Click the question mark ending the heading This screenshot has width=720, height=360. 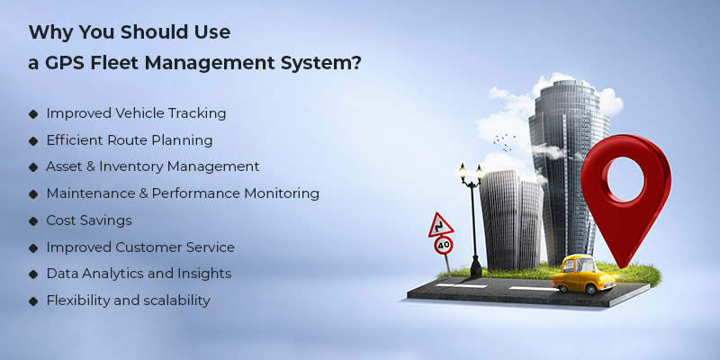click(x=357, y=64)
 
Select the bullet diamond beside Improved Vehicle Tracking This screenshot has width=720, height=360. click(x=33, y=114)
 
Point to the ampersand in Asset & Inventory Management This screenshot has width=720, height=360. click(x=94, y=166)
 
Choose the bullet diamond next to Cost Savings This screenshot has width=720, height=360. click(x=33, y=220)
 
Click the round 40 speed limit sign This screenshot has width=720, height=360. click(x=442, y=244)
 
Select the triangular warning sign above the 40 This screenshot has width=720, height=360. click(x=441, y=223)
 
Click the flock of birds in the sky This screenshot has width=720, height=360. click(x=504, y=140)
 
